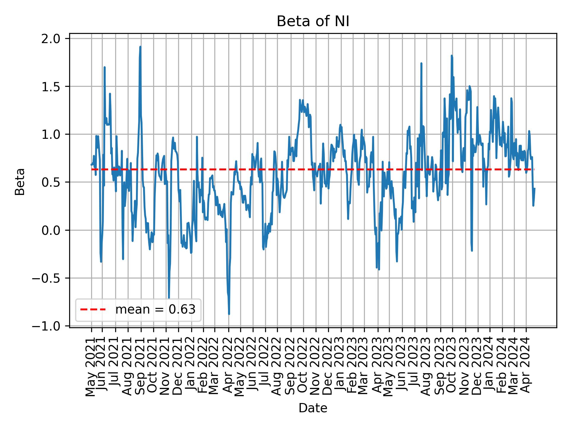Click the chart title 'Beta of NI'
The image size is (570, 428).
(x=313, y=22)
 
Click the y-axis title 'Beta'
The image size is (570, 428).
(x=20, y=182)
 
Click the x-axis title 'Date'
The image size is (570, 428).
(x=313, y=408)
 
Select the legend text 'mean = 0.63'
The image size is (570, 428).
(x=155, y=310)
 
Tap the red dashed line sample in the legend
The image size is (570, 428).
(x=93, y=310)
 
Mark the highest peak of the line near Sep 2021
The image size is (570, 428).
(x=140, y=47)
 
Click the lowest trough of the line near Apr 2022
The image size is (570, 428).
(x=229, y=314)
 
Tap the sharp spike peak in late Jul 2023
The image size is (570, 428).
(x=421, y=63)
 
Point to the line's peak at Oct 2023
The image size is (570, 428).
(x=452, y=56)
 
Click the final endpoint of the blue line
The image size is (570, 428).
(x=534, y=188)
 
